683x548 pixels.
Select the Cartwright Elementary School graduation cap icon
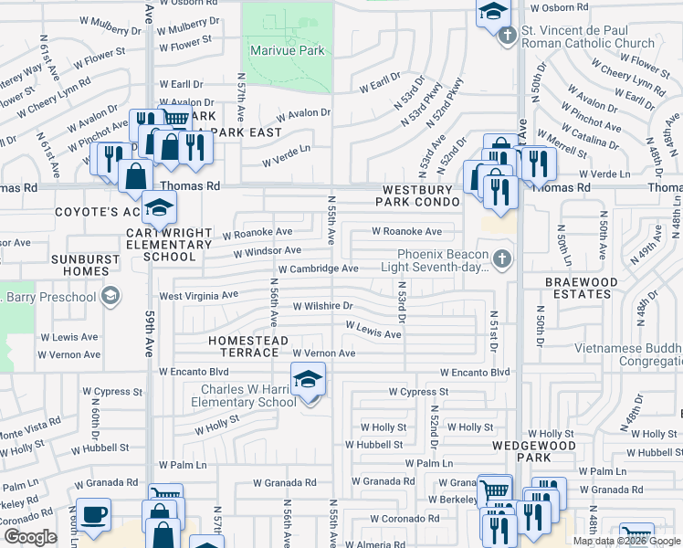[159, 209]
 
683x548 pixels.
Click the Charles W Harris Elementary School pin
[308, 378]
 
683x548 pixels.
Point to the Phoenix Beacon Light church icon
[500, 260]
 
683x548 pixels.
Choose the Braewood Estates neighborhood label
[581, 288]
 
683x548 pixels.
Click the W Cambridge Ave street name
[318, 269]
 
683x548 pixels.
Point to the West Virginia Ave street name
[198, 296]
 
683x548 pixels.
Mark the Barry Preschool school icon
[110, 295]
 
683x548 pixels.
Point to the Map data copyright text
[625, 541]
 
